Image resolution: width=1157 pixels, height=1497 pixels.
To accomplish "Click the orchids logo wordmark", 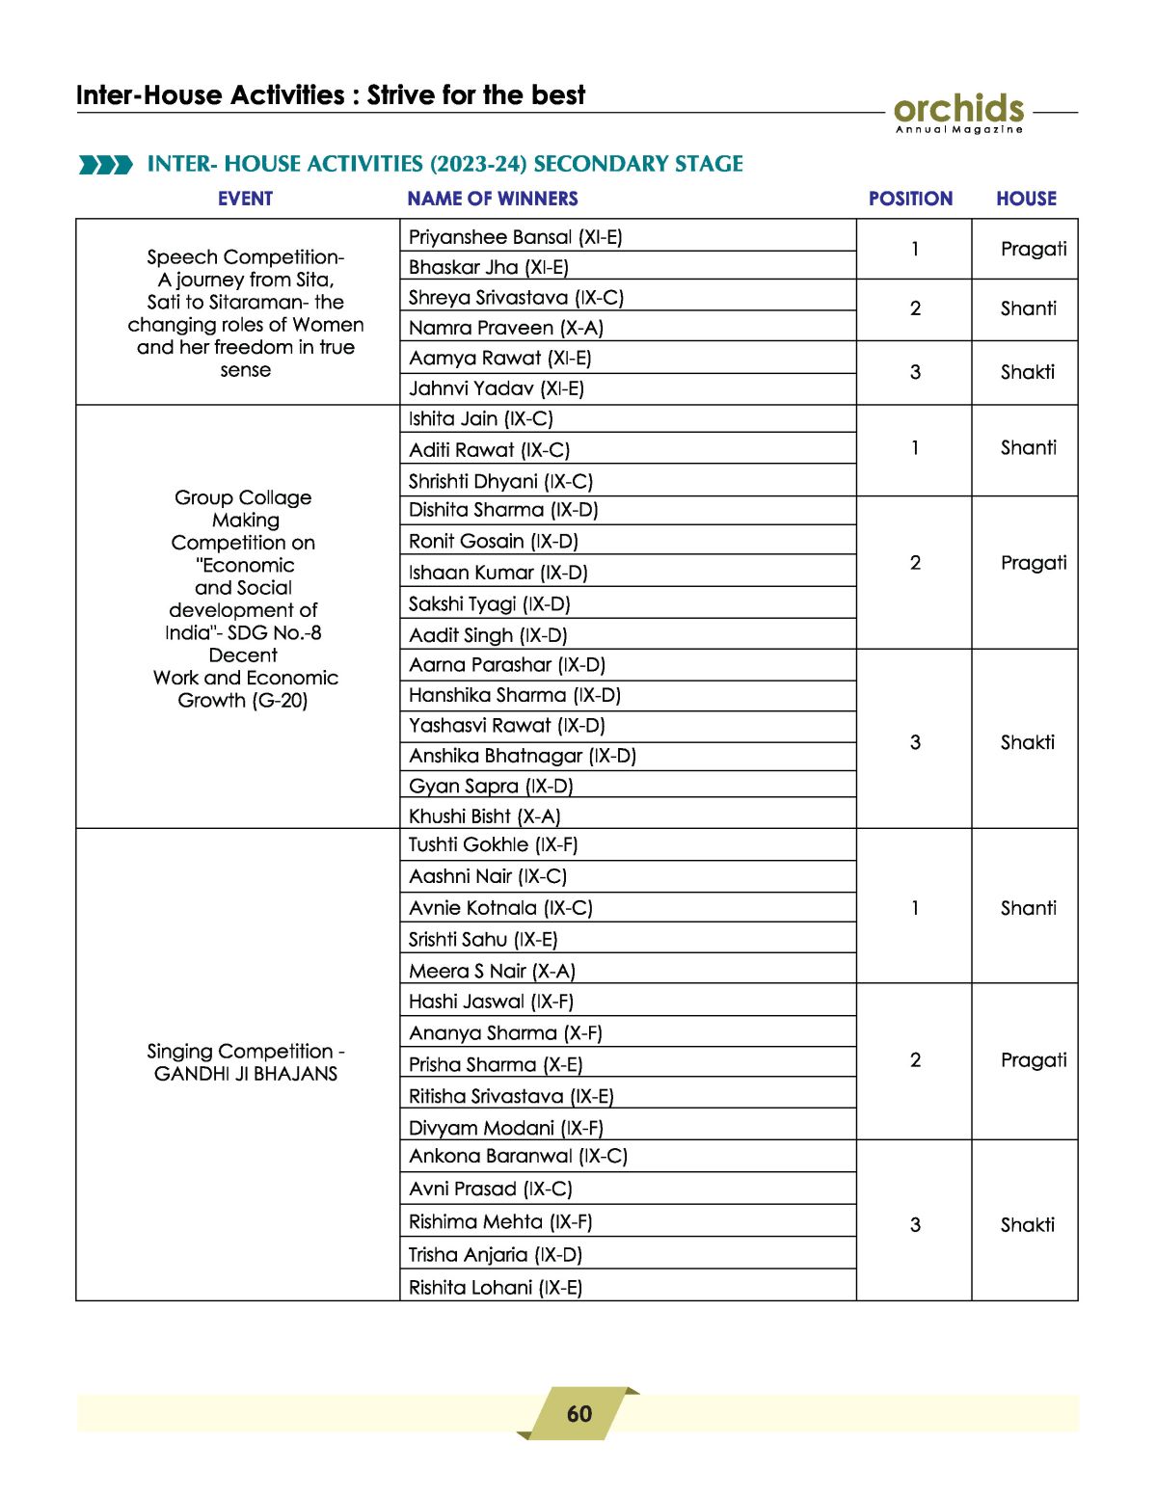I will pos(958,109).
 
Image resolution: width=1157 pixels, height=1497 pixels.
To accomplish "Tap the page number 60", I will pos(579,1414).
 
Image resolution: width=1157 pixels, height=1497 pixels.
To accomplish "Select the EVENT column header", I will pos(245,199).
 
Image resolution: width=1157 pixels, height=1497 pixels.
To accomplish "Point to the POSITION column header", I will pos(910,199).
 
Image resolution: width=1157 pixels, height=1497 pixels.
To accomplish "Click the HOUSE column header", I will pos(1026,199).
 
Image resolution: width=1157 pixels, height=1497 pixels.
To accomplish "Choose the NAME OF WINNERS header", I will pos(493,199).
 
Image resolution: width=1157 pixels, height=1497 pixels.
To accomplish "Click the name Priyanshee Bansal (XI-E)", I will pos(515,237).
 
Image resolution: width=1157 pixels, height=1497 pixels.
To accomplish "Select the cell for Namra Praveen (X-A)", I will pos(505,328).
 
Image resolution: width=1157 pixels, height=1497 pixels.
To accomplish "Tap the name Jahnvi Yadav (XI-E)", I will pos(496,388).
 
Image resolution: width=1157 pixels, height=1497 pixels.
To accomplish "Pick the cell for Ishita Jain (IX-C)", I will pos(480,418).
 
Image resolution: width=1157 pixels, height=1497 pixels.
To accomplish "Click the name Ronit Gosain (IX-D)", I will pos(493,541).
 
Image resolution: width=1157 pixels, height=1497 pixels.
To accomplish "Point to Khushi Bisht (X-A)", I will pos(484,816).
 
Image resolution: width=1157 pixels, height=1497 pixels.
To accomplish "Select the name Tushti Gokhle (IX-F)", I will pos(493,844).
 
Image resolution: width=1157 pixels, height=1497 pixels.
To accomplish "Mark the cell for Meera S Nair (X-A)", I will pos(492,971).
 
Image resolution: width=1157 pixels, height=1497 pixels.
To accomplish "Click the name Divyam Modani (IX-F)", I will pos(505,1128).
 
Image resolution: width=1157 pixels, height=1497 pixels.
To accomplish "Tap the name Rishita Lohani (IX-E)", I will pos(495,1287).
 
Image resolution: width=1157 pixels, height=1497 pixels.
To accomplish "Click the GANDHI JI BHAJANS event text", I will pos(246,1074).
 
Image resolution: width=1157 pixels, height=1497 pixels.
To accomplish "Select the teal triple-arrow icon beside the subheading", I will pos(106,165).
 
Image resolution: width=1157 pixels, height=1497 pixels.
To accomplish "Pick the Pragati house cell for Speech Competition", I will pos(1033,249).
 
